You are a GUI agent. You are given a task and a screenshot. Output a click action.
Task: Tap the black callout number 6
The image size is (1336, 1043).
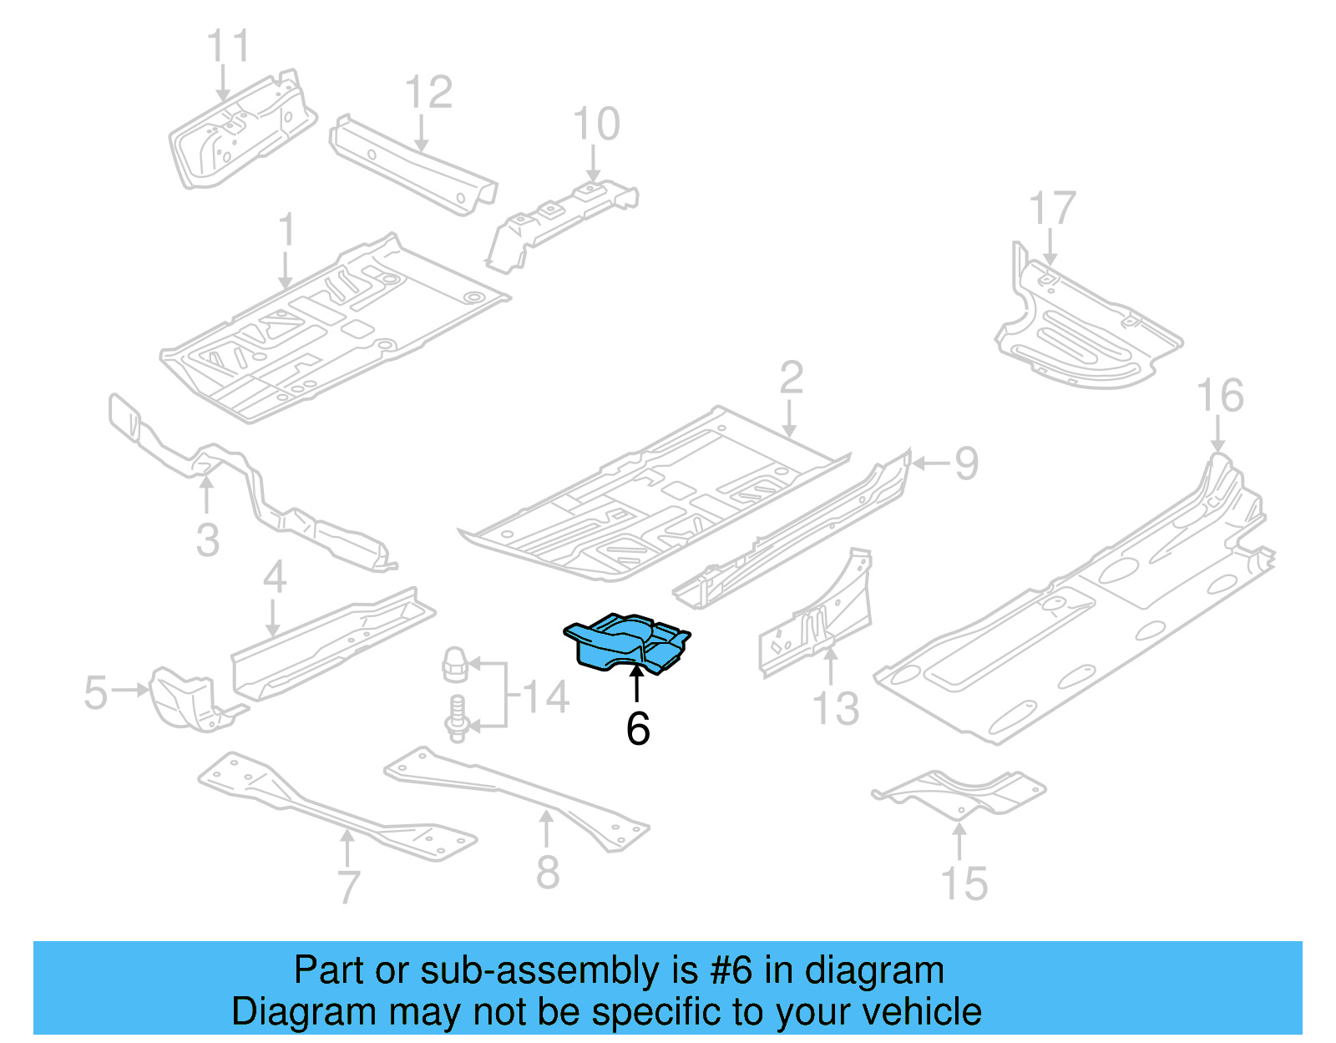638,729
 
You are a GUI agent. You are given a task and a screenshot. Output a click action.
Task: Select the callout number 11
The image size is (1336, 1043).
228,46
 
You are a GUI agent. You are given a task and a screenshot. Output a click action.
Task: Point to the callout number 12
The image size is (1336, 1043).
428,92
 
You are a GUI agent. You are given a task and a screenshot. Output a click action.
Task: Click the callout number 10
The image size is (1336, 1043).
596,124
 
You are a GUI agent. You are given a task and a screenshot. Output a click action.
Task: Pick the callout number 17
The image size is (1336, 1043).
1052,209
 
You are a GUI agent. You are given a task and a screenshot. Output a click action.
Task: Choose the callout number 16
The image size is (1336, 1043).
1220,396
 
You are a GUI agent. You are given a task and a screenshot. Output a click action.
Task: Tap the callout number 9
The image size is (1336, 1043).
966,463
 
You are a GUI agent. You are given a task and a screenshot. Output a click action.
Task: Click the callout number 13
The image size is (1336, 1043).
836,709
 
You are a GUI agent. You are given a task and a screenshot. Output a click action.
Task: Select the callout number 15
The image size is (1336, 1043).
964,884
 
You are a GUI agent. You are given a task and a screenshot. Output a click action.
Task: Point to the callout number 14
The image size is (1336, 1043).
545,697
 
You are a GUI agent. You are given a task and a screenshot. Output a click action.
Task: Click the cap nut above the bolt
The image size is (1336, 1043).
453,666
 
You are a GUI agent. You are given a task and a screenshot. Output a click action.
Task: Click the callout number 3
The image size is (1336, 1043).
208,540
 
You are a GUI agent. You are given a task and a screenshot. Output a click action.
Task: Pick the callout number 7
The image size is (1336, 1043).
349,887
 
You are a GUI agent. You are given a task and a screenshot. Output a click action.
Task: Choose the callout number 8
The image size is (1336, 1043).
548,873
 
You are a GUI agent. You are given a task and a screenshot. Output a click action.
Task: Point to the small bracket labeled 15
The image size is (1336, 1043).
960,792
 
